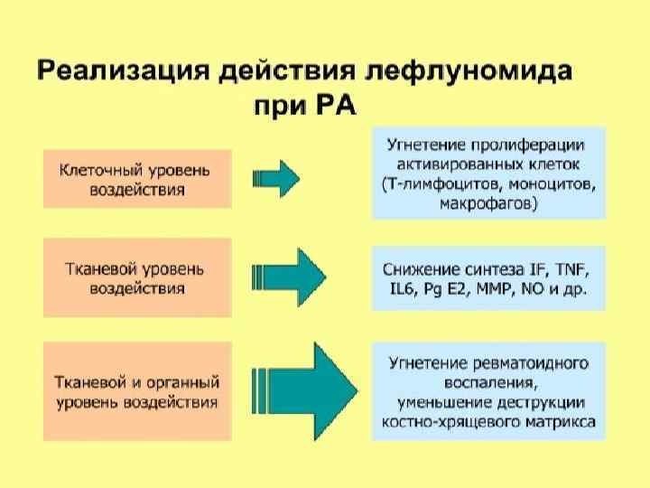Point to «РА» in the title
[x=337, y=106]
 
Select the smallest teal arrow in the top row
[x=276, y=180]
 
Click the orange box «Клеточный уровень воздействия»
[x=136, y=179]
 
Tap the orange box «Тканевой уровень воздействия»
[x=136, y=277]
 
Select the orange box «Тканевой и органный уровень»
[x=136, y=390]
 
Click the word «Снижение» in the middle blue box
[x=421, y=269]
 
